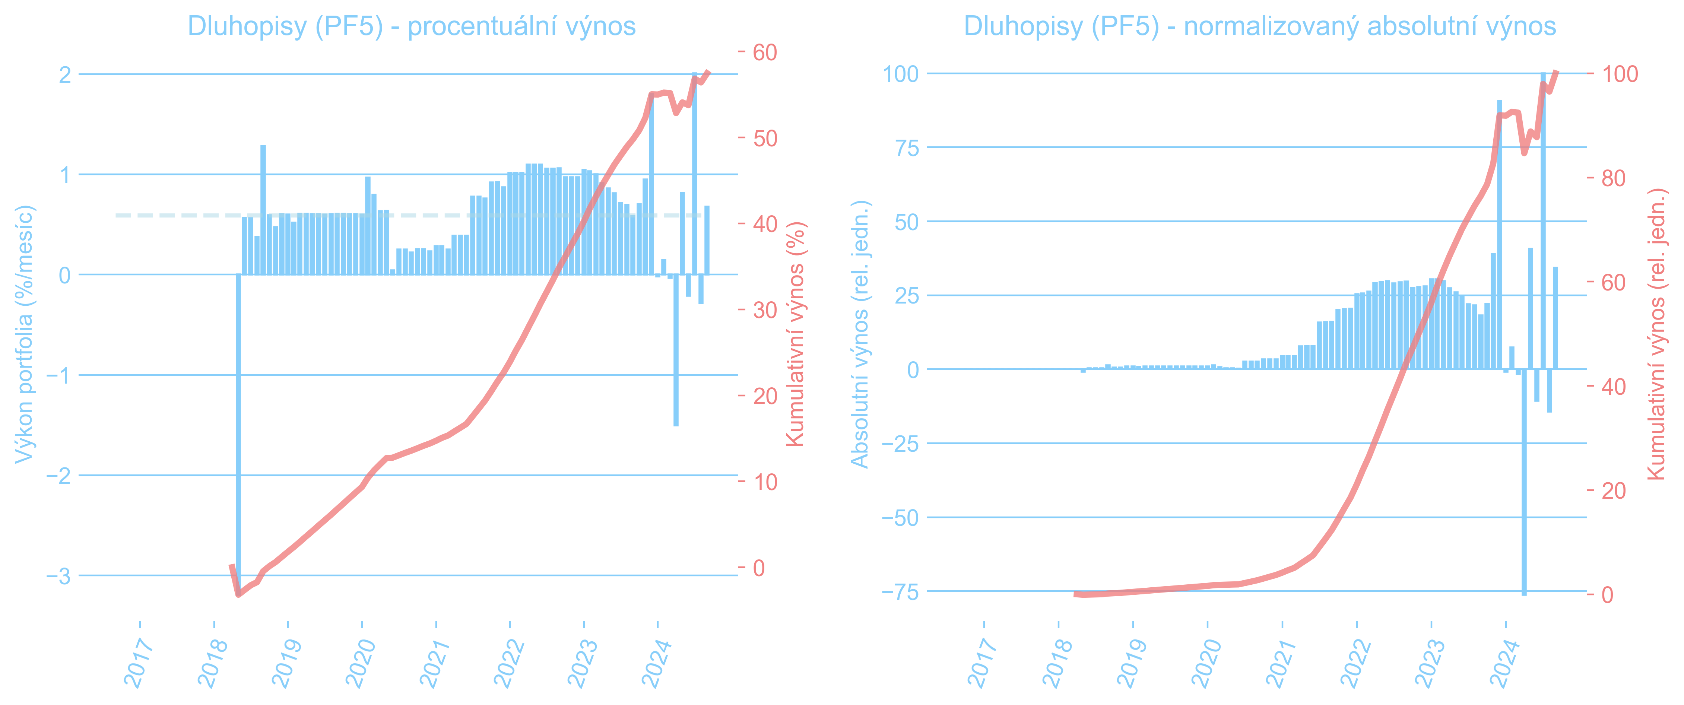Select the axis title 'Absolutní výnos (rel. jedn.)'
860,334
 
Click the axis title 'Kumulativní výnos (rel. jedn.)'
1656,334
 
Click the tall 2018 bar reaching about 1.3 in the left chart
263,209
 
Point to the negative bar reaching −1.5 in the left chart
676,350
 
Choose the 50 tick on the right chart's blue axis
906,222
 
